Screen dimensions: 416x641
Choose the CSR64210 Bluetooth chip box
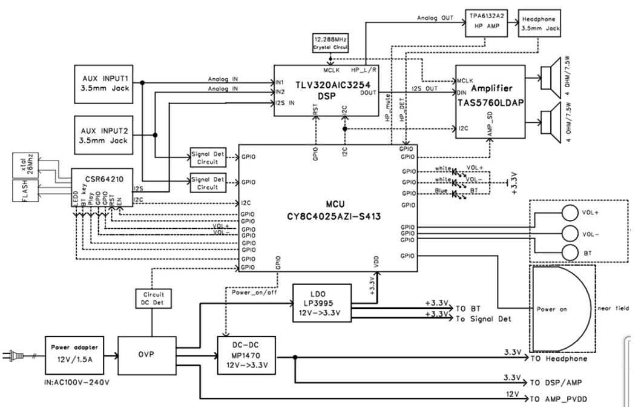click(97, 186)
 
